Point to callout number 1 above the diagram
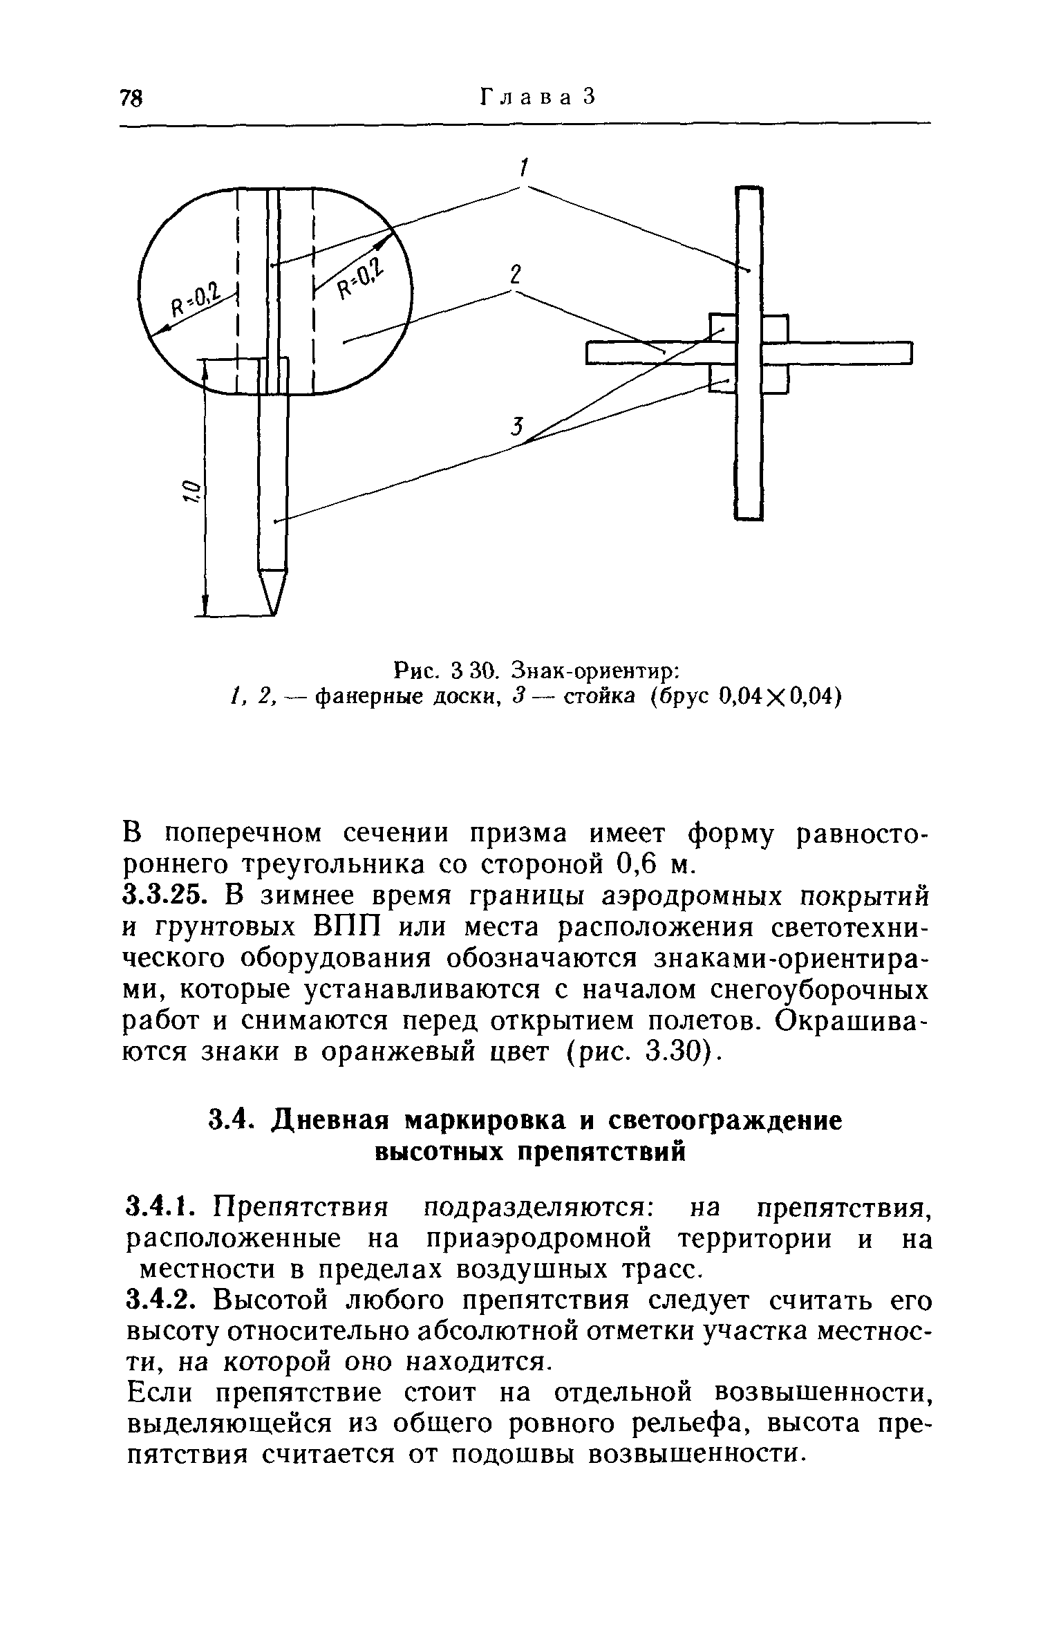[524, 167]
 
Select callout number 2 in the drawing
[514, 274]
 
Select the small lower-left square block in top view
[722, 379]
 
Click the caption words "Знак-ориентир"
[595, 671]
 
